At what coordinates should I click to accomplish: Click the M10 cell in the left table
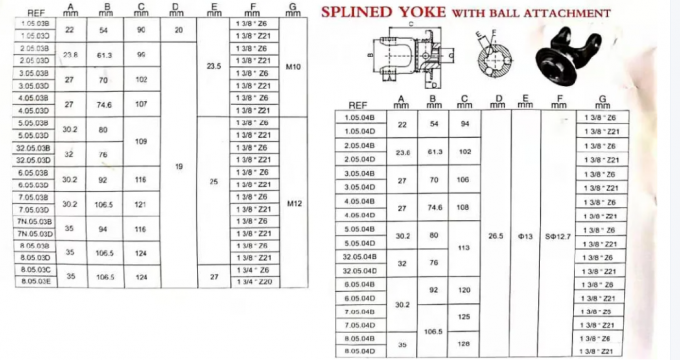coord(293,68)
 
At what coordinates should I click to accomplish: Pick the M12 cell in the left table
coord(293,203)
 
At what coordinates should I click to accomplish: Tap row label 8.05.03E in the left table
coord(36,281)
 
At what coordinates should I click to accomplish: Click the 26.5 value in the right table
coord(496,236)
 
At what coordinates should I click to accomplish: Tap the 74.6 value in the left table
coord(104,104)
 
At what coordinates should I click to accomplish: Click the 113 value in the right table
coord(463,249)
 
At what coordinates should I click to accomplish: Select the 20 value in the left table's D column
coord(178,29)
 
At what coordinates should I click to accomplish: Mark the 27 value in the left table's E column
coord(213,275)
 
